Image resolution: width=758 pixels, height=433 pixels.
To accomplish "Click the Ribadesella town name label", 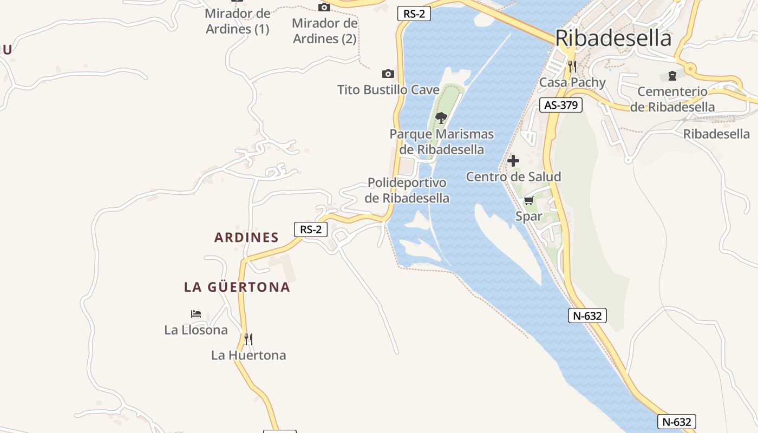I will [613, 38].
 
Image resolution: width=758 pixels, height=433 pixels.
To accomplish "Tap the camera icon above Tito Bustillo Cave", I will [388, 74].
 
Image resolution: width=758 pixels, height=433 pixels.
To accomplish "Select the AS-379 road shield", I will [561, 105].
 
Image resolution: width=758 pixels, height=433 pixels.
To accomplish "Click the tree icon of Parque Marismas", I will [441, 117].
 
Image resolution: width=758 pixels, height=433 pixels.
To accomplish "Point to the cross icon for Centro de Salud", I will [513, 161].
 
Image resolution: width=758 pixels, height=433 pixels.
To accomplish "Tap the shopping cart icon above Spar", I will [528, 201].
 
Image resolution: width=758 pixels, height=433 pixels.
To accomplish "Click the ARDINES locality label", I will [246, 237].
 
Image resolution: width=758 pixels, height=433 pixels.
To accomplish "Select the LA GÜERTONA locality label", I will [237, 287].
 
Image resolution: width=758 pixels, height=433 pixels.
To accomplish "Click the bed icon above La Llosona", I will [196, 314].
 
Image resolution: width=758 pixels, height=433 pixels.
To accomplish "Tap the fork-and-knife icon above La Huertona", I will [249, 339].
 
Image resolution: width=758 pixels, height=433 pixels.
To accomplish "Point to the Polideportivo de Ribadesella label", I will [407, 190].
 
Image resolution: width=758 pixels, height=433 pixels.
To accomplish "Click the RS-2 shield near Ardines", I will [311, 229].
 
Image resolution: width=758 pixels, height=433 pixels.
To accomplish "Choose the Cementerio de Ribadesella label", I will [672, 99].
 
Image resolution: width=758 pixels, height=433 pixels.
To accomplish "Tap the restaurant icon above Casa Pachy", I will [572, 67].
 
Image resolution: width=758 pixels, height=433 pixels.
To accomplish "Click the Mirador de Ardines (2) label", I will [324, 31].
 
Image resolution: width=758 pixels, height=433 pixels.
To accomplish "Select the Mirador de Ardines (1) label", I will [237, 21].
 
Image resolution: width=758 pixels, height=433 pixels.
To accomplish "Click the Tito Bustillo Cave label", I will [388, 89].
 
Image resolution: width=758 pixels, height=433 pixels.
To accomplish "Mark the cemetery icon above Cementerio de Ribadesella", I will [672, 75].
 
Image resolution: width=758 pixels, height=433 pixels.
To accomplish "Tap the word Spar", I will [528, 216].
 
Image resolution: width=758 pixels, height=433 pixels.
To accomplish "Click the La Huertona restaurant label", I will [249, 355].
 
